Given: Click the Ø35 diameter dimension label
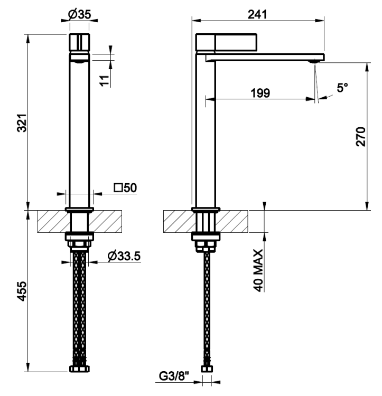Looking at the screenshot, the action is click(x=79, y=14).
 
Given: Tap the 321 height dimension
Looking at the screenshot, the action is click(x=22, y=123).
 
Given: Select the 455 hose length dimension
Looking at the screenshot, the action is click(x=22, y=291).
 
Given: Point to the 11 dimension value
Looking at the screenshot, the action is click(x=104, y=81).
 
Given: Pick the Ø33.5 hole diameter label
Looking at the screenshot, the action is click(x=124, y=256).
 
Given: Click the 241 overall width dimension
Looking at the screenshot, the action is click(x=257, y=14).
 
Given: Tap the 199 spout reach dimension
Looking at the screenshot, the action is click(x=260, y=93).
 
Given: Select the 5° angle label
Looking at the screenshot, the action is click(x=342, y=87).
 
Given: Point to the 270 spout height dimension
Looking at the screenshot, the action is click(x=360, y=137).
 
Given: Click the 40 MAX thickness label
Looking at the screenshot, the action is click(x=258, y=270).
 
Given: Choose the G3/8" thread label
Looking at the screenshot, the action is click(x=174, y=376).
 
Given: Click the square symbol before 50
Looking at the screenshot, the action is click(x=118, y=188).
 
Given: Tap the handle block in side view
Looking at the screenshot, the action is click(x=226, y=42).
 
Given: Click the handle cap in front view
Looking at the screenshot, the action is click(x=79, y=42).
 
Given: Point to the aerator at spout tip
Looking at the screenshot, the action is click(x=313, y=62).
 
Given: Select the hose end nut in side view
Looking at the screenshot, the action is click(x=207, y=369).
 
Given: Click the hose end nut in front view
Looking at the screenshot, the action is click(x=79, y=369).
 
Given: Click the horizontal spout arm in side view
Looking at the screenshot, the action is click(x=265, y=58).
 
